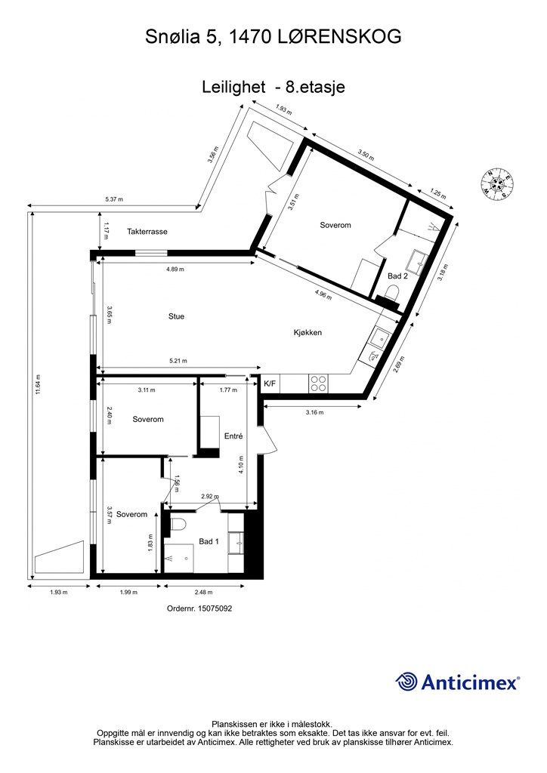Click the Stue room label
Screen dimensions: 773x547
tap(176, 316)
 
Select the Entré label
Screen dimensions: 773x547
tap(233, 436)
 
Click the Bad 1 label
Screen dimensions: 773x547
tap(209, 541)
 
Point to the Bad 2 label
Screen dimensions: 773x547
tap(397, 276)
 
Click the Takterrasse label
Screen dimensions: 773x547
tap(147, 232)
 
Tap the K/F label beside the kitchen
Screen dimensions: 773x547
tap(270, 384)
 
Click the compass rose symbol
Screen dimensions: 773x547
tap(498, 183)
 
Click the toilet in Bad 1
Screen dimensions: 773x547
tap(179, 522)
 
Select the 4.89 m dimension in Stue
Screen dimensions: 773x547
tap(175, 269)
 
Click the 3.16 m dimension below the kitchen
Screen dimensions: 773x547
tap(314, 412)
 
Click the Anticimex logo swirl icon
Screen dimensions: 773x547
tap(407, 681)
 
